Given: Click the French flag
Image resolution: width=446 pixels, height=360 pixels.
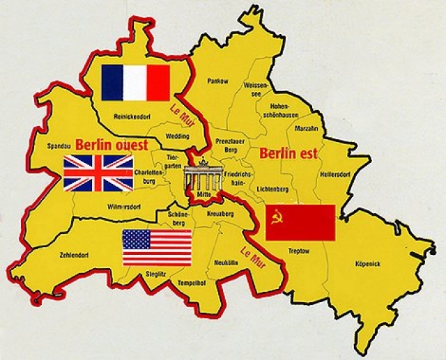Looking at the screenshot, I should pyautogui.click(x=136, y=83).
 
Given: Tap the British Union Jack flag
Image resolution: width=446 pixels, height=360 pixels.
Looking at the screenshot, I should pyautogui.click(x=98, y=173).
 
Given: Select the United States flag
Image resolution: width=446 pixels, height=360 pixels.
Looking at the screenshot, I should pyautogui.click(x=157, y=248).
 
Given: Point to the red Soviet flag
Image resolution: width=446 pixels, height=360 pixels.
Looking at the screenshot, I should pyautogui.click(x=300, y=222).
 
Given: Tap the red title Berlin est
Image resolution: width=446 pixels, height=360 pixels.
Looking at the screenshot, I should pyautogui.click(x=286, y=152).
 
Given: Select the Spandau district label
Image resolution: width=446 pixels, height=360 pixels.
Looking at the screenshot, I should pyautogui.click(x=59, y=147).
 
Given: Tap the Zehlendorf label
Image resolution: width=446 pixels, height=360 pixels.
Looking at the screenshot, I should pyautogui.click(x=75, y=255).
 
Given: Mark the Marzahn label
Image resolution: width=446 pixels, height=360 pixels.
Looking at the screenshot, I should pyautogui.click(x=307, y=128).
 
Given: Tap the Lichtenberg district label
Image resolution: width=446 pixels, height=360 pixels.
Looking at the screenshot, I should pyautogui.click(x=272, y=189).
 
